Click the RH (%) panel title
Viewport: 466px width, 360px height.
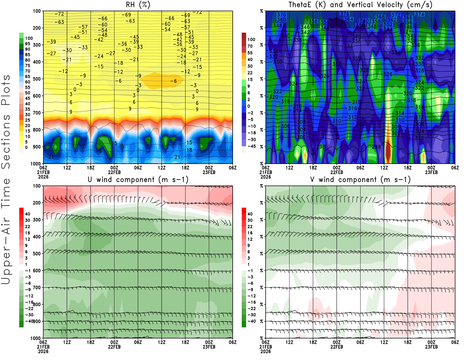point(138,5)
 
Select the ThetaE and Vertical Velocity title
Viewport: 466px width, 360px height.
point(360,5)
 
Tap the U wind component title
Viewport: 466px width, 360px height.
point(138,180)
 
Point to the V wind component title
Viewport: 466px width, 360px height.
point(360,180)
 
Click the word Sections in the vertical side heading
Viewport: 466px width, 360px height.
point(6,142)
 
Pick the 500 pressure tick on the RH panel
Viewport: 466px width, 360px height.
point(37,79)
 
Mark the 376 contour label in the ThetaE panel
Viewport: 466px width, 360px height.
point(345,14)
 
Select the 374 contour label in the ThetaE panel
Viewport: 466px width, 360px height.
point(420,14)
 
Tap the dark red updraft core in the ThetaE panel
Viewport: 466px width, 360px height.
point(388,151)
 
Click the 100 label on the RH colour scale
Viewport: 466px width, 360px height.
point(29,38)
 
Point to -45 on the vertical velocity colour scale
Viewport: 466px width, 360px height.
point(252,146)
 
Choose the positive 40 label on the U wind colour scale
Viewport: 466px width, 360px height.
point(28,214)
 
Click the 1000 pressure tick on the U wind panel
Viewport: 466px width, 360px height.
point(36,338)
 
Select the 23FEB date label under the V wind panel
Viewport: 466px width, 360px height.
point(431,347)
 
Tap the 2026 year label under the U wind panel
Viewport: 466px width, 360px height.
point(43,352)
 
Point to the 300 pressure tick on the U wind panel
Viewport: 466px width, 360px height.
point(37,220)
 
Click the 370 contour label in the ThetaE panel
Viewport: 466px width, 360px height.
point(281,15)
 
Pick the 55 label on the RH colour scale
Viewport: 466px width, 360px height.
point(28,87)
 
